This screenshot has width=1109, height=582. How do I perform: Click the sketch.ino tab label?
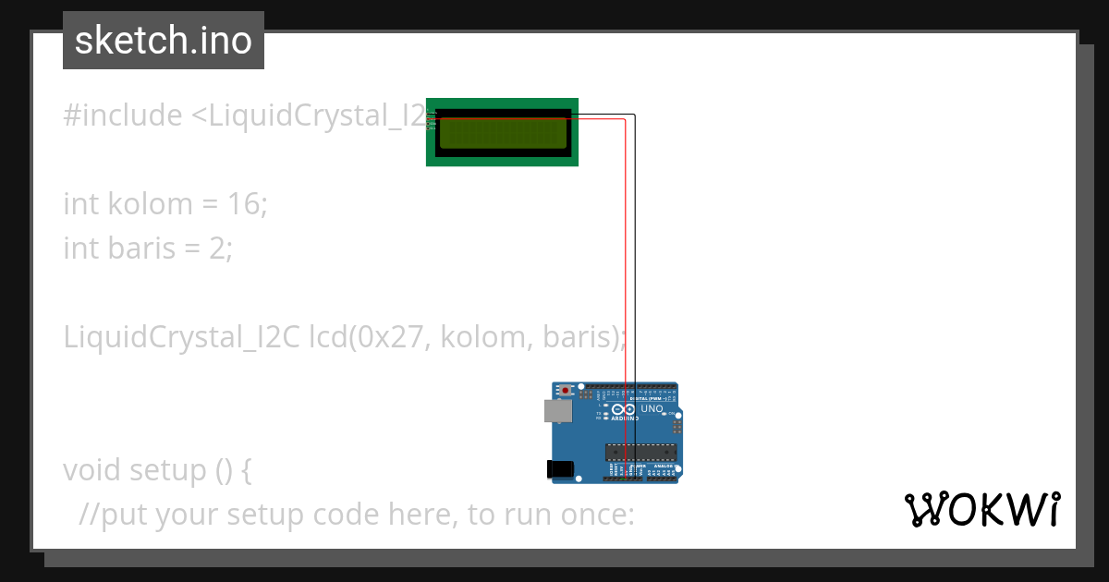point(163,41)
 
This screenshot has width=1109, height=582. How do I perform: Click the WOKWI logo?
point(981,510)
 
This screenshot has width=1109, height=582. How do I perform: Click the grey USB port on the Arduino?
point(557,411)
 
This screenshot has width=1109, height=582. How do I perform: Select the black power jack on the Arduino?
point(560,469)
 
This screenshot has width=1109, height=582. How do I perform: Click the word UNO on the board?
point(652,408)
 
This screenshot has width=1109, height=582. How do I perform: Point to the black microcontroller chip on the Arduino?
point(640,452)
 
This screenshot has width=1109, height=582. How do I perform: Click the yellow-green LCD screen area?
point(502,134)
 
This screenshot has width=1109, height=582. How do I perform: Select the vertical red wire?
point(627,277)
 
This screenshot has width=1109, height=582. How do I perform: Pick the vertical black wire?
point(635,277)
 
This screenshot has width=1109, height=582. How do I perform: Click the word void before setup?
point(88,470)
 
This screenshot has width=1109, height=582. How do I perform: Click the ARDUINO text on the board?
point(625,418)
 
